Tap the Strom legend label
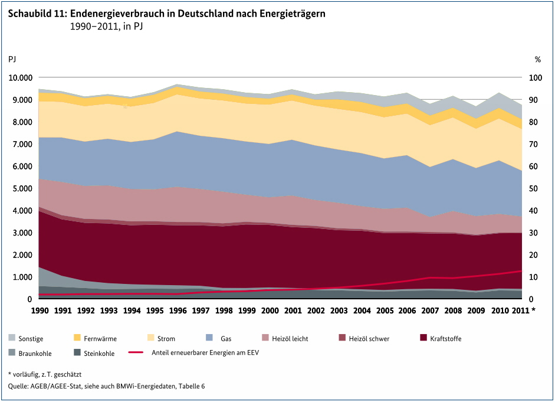click(166, 339)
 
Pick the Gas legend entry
click(226, 339)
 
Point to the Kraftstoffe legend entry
click(445, 339)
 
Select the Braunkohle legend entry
click(35, 354)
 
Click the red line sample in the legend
click(136, 353)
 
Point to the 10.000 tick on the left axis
click(20, 78)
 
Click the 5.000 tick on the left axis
click(22, 188)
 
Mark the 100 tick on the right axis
click(535, 78)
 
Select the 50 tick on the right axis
click(533, 188)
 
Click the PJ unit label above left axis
click(12, 59)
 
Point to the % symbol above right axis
click(537, 59)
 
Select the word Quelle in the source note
click(18, 386)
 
